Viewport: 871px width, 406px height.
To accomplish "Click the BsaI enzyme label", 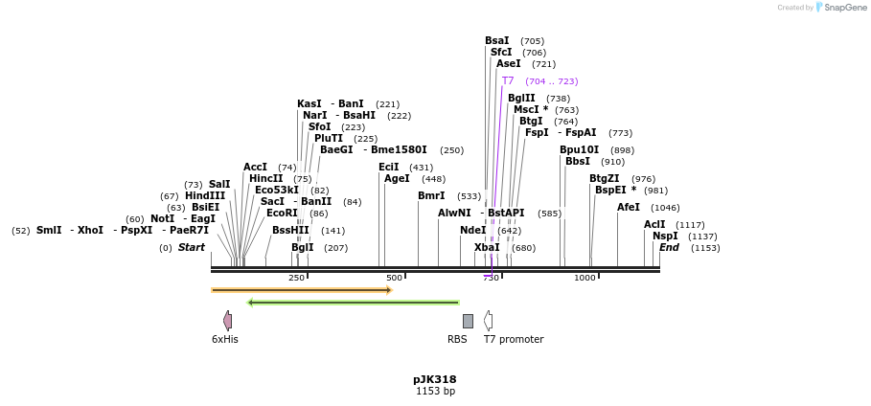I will [497, 41].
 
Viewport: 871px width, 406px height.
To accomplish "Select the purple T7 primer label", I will [508, 81].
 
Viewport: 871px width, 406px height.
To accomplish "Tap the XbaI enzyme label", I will [487, 248].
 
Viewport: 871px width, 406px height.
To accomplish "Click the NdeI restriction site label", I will [473, 231].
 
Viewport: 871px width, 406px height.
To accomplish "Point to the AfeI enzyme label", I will [629, 208].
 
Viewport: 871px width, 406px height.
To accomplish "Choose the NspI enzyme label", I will [665, 237].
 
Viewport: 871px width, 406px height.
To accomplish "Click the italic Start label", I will [192, 248].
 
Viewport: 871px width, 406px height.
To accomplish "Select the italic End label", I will [669, 248].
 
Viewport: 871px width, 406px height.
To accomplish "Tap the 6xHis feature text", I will [225, 339].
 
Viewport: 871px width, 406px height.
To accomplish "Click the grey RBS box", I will [468, 321].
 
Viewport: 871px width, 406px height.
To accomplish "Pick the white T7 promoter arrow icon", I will [489, 321].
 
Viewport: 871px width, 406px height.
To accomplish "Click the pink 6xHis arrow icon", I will [227, 321].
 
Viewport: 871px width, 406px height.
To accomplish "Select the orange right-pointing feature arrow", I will [302, 289].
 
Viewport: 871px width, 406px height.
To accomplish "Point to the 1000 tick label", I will [584, 278].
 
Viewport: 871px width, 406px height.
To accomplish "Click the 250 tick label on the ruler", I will [296, 278].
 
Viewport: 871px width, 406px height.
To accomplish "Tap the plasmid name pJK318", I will [435, 379].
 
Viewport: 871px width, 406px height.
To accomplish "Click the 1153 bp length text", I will [435, 391].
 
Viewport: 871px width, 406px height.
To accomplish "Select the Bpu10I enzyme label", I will [580, 150].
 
